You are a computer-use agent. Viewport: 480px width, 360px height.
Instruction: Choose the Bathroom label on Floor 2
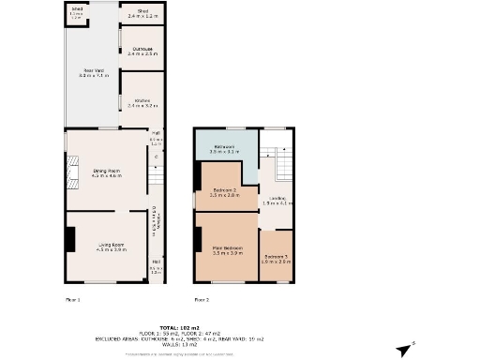pos(224,150)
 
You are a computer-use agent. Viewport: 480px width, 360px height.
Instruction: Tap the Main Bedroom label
pos(228,250)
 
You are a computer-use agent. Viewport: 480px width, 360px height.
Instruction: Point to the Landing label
pos(278,201)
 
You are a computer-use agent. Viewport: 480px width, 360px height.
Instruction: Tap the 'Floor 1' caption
pos(73,298)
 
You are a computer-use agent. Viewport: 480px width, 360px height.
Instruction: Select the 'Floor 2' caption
pos(202,298)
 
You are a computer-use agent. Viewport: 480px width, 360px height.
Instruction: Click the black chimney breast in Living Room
pos(70,239)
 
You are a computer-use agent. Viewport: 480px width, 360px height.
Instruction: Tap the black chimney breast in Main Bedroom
pos(198,242)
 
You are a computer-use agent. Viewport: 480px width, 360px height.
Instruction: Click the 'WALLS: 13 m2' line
pos(239,344)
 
